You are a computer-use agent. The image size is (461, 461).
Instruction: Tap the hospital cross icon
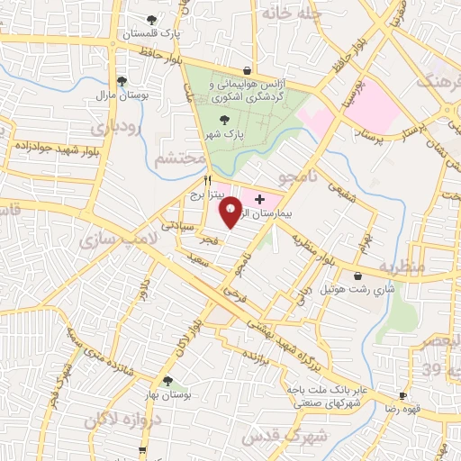(x=260, y=198)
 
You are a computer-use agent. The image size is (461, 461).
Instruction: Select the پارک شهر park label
(x=223, y=133)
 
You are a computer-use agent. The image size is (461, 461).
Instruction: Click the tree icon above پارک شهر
(x=224, y=119)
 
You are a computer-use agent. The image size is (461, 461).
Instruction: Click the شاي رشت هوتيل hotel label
(x=359, y=290)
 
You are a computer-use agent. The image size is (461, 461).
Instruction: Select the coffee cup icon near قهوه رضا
(x=402, y=396)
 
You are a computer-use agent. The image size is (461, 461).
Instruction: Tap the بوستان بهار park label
(x=167, y=396)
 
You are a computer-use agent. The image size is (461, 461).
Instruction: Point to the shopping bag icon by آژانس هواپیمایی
(x=246, y=69)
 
